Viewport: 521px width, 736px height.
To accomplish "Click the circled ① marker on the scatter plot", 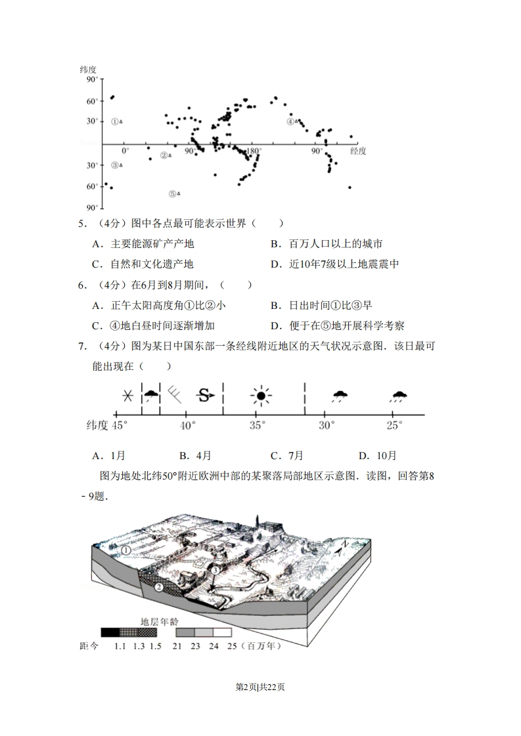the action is coord(115,121).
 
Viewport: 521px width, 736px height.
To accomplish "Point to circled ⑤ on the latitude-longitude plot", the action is coord(173,194).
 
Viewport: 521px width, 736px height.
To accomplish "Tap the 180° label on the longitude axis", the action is coord(254,151).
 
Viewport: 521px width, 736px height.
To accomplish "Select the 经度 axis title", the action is coord(358,151).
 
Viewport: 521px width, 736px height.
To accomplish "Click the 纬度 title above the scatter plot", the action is coord(88,70).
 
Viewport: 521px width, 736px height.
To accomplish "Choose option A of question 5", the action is coord(143,243).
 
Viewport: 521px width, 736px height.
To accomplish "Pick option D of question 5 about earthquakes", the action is coord(334,264).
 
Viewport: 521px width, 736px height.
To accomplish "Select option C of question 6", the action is coord(153,326).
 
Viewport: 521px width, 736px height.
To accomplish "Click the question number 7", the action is coord(82,346).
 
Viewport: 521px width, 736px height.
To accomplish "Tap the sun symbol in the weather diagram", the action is coord(261,396).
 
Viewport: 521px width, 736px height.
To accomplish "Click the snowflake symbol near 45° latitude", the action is coord(127,396).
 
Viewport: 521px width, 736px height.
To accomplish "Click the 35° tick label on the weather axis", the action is coord(257,426).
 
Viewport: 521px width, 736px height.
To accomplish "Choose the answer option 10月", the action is coord(378,456).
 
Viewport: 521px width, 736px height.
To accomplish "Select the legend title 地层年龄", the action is coord(160,622).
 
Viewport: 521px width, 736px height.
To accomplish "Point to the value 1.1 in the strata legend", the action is coord(120,646).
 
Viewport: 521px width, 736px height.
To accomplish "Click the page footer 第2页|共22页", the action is coord(260,687).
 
